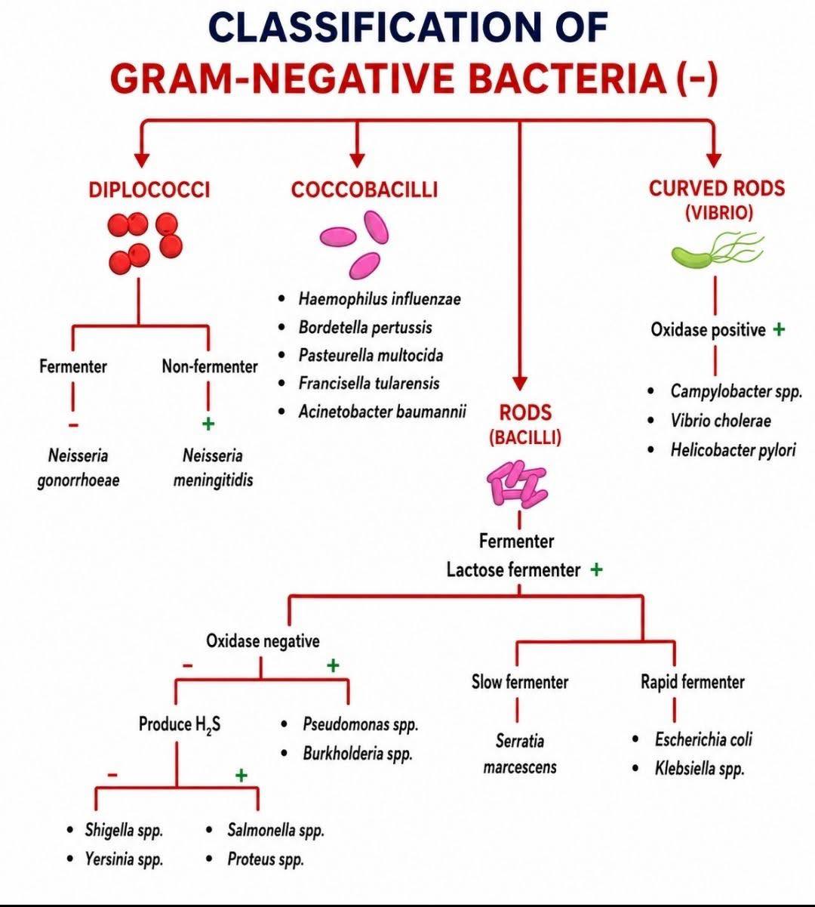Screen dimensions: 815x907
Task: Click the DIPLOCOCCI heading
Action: coord(149,190)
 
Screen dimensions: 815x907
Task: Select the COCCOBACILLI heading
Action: coord(364,190)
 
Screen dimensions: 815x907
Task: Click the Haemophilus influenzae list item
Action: coord(380,299)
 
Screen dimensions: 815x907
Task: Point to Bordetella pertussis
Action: coord(365,328)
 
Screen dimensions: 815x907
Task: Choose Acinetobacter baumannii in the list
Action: coord(383,412)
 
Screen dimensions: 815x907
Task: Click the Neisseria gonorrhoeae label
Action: coord(78,468)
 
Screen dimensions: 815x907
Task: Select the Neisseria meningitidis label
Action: coord(213,468)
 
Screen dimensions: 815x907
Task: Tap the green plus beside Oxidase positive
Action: coord(779,329)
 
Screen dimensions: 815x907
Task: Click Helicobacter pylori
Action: coord(733,450)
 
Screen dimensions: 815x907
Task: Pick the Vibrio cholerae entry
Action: coord(721,421)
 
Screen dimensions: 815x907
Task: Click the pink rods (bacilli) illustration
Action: coord(517,483)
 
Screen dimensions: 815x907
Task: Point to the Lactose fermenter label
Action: coord(513,570)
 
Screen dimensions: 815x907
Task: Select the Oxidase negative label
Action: coord(263,641)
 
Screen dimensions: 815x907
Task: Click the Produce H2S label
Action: coord(180,725)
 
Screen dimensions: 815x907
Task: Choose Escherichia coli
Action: coord(703,739)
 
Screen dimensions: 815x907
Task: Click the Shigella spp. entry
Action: coord(124,831)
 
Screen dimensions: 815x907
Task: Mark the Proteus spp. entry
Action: coord(266,859)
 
